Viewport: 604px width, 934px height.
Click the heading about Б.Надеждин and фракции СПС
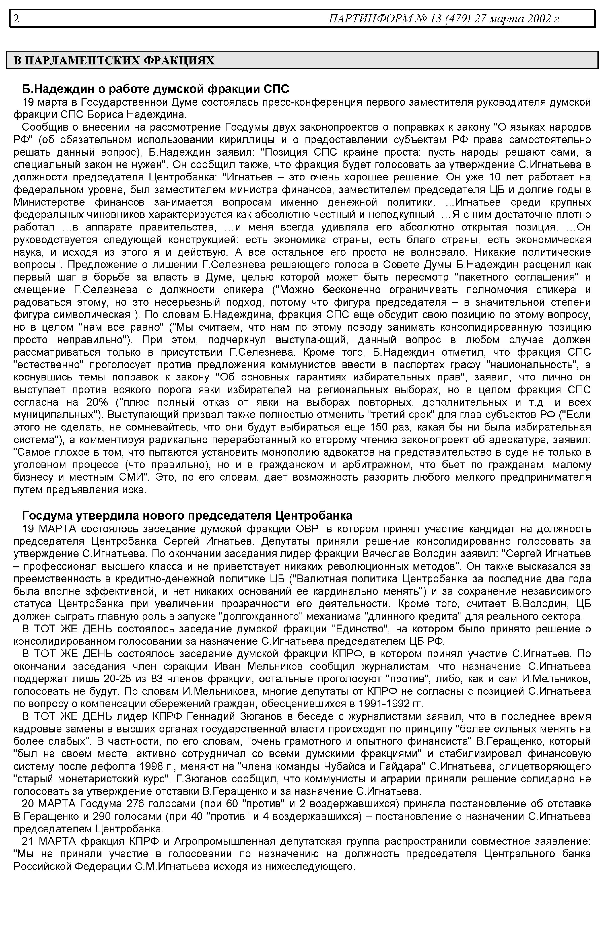[x=155, y=89]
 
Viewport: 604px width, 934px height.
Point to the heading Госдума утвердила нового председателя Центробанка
[x=187, y=515]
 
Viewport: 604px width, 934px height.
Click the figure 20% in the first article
[x=96, y=403]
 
